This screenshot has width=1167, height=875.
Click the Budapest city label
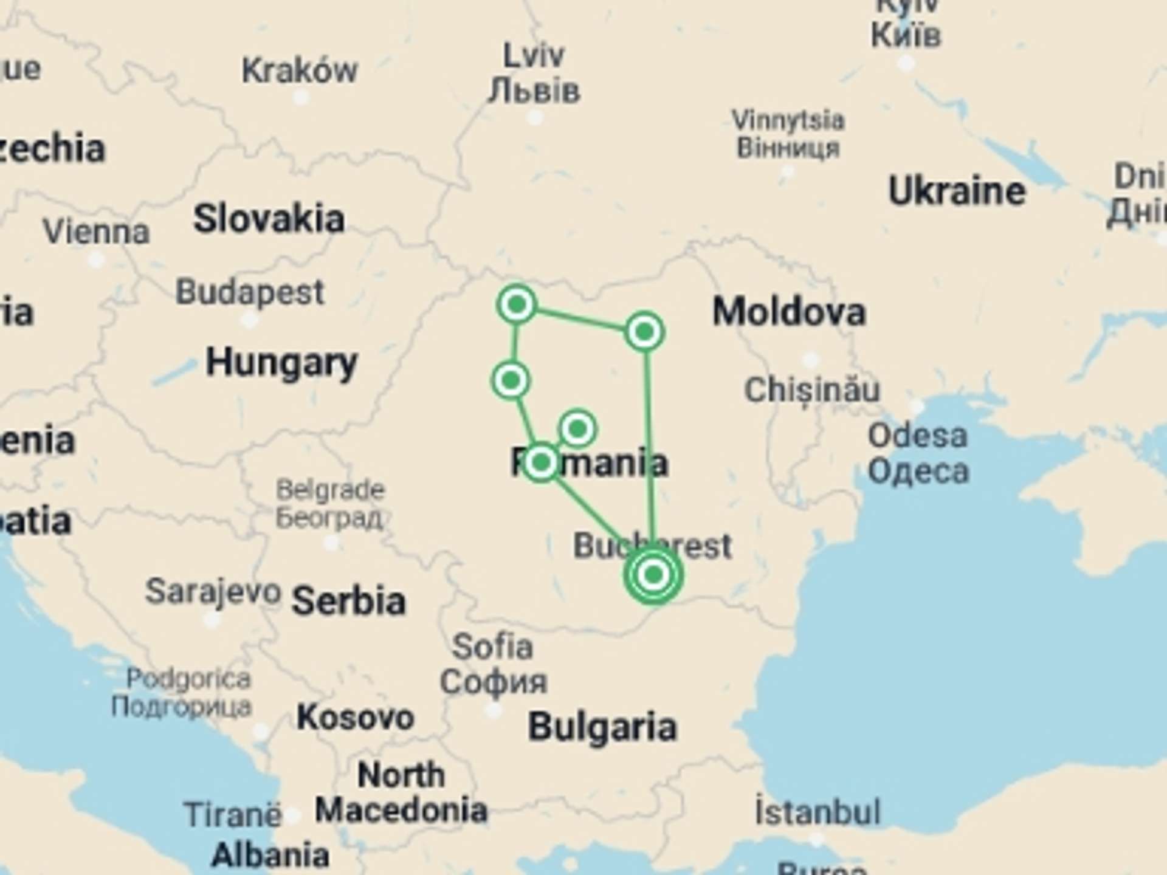pos(250,292)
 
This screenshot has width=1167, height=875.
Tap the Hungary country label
pos(281,363)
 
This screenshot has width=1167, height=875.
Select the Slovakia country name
pos(269,219)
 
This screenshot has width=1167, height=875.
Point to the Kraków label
pos(300,71)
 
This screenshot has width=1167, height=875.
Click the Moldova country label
pos(788,312)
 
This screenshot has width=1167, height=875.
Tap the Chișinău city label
pos(811,389)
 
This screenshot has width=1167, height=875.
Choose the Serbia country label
pos(348,601)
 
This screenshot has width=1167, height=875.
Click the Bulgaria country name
pos(602,727)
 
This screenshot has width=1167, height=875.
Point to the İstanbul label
pos(817,812)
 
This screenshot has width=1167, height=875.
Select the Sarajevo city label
pos(213,591)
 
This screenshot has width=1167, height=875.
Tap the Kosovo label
pos(355,718)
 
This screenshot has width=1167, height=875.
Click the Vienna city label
pos(96,232)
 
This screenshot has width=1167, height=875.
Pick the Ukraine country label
pos(957,192)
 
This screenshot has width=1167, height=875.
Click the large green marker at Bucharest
pos(653,574)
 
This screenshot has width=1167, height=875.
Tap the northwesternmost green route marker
pos(517,304)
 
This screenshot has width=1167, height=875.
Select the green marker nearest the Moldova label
pos(644,332)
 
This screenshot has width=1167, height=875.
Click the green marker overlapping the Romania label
pos(540,463)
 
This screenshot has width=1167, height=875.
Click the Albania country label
pos(270,856)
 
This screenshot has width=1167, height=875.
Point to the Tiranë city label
pos(233,815)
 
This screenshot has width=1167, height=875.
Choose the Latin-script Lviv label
pos(534,57)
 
